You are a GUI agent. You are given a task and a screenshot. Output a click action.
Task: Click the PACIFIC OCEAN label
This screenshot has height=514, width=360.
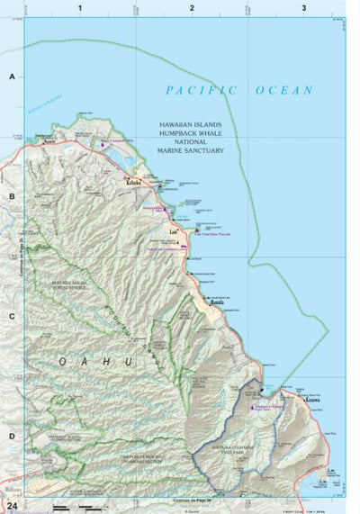coord(238,90)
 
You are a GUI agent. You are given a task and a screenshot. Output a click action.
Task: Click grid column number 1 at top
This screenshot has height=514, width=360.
coord(80,8)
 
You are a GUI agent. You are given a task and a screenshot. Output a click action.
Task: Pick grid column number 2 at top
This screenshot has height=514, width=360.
coord(192,8)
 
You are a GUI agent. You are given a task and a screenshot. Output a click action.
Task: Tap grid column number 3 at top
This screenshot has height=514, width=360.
coord(304,8)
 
